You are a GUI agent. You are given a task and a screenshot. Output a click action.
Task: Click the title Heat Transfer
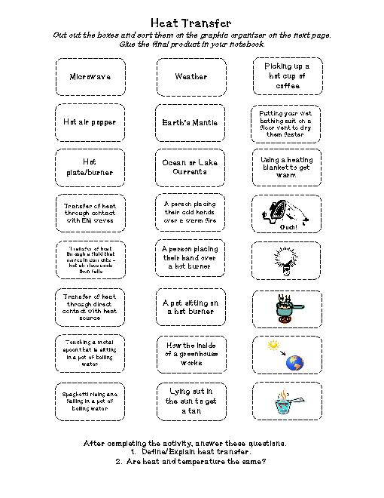(x=191, y=25)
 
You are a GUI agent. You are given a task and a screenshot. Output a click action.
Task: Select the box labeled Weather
(x=190, y=76)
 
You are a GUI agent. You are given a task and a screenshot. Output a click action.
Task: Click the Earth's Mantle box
(x=190, y=121)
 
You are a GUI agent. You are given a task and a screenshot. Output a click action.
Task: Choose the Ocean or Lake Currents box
(x=190, y=167)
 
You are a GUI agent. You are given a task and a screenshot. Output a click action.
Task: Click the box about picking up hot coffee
(x=287, y=76)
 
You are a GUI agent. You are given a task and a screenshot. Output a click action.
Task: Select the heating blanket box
(x=287, y=167)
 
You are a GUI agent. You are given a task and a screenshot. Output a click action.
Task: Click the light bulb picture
(x=287, y=260)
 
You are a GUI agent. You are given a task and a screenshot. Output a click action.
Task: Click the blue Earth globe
(x=294, y=363)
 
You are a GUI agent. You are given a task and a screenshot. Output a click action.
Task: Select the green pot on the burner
(x=285, y=308)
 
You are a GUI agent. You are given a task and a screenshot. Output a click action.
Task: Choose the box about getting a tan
(x=190, y=401)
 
